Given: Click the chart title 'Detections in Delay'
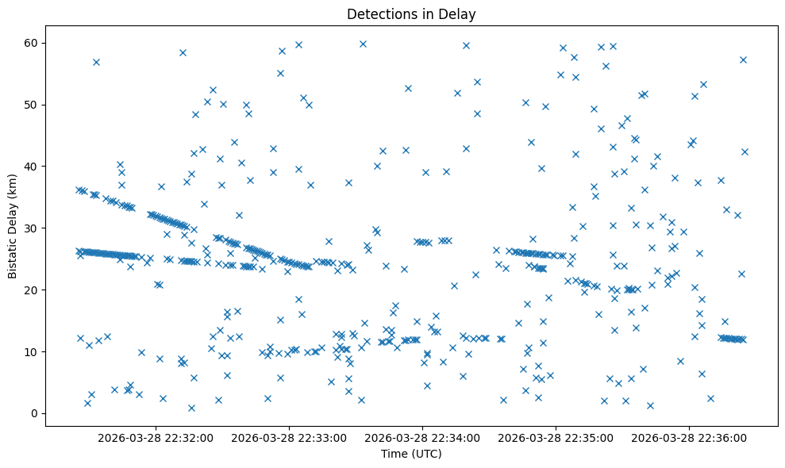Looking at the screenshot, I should [411, 13].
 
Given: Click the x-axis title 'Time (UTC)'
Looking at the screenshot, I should [411, 455].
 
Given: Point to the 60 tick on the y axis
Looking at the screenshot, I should [33, 43].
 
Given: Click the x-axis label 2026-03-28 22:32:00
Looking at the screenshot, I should [156, 437].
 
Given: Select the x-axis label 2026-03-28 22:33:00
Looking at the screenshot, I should [289, 437].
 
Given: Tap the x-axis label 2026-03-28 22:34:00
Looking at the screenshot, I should [422, 437].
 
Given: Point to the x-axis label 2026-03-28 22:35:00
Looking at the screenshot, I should [556, 437].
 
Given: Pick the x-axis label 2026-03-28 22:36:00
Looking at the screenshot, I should [689, 437].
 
